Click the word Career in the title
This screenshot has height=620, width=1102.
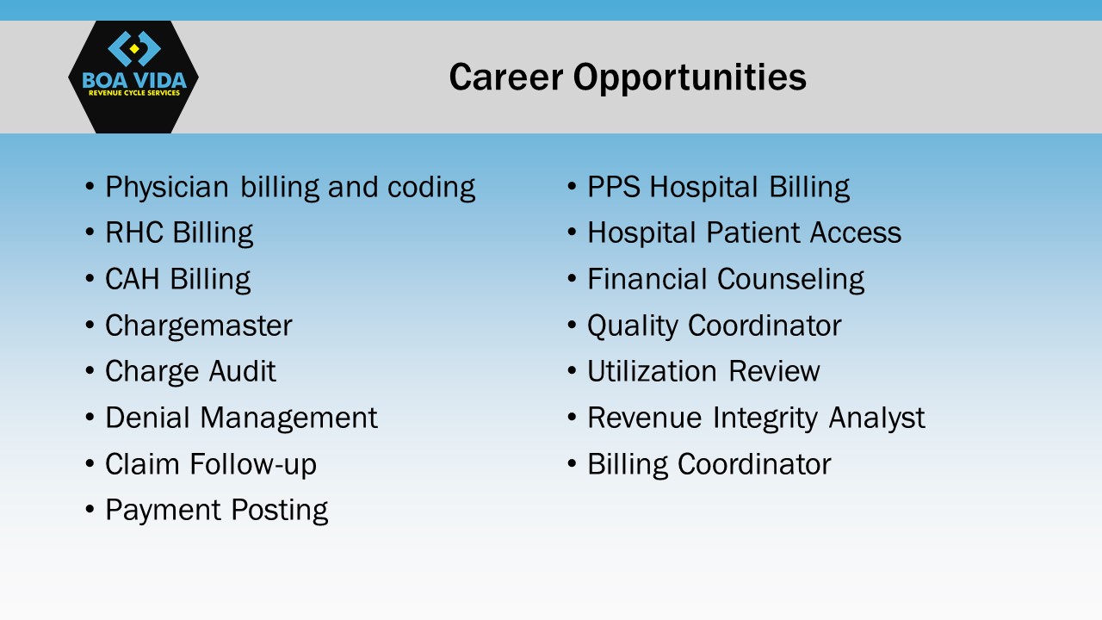tap(506, 77)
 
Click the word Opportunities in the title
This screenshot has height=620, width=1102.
tap(690, 78)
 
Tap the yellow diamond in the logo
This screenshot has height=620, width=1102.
tap(133, 48)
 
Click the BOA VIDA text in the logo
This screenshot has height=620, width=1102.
tap(133, 80)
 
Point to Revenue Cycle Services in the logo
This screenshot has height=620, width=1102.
tap(133, 93)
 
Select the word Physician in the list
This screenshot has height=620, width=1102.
tap(167, 188)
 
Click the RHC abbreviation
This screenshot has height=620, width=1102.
tap(133, 232)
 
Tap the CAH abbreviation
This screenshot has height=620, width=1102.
tap(133, 278)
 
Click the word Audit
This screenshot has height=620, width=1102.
tap(242, 371)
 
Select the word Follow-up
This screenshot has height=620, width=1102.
tap(253, 465)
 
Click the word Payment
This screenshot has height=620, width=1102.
tap(163, 511)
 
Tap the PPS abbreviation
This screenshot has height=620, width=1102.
tap(614, 187)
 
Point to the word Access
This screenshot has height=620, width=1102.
tap(856, 232)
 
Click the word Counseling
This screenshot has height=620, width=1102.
tap(790, 280)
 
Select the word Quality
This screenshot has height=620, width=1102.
tap(633, 326)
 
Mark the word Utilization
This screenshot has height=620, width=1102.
tap(653, 371)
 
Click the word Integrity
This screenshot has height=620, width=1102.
tap(765, 418)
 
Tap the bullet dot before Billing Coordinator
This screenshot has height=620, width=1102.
tap(572, 463)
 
